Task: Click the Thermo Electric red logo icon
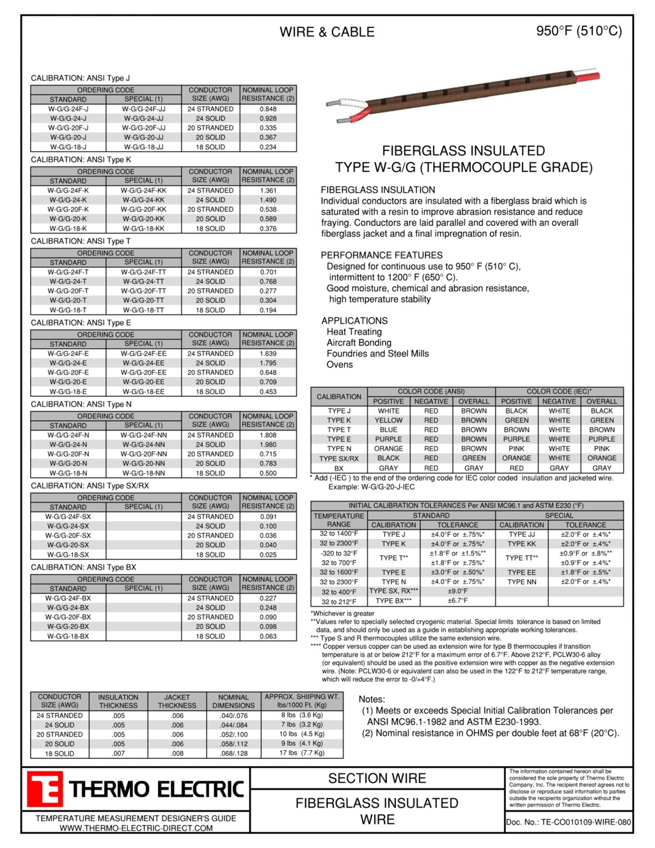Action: coord(44,788)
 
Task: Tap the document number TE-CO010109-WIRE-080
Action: coord(568,822)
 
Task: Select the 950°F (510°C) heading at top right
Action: coord(579,31)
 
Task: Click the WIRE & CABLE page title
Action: coord(327,32)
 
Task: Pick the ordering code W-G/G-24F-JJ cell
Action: coord(143,109)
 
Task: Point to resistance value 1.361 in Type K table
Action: coord(268,191)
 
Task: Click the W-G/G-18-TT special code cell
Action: coord(143,310)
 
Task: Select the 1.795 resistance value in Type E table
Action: coord(268,364)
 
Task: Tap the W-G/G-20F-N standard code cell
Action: coord(68,454)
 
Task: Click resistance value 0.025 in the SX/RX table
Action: coord(268,555)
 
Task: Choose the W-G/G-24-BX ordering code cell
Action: coord(68,608)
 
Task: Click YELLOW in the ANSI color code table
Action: coord(388,420)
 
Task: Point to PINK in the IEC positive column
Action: coord(516,449)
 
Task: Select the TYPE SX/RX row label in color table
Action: coord(339,458)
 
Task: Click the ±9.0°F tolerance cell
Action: coord(457,591)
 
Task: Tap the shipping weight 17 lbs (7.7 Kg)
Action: coord(302,753)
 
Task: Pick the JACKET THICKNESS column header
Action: coord(177,701)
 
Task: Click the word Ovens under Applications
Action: coord(340,365)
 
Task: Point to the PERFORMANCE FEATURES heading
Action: coord(381,255)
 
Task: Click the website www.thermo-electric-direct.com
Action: coord(136,828)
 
